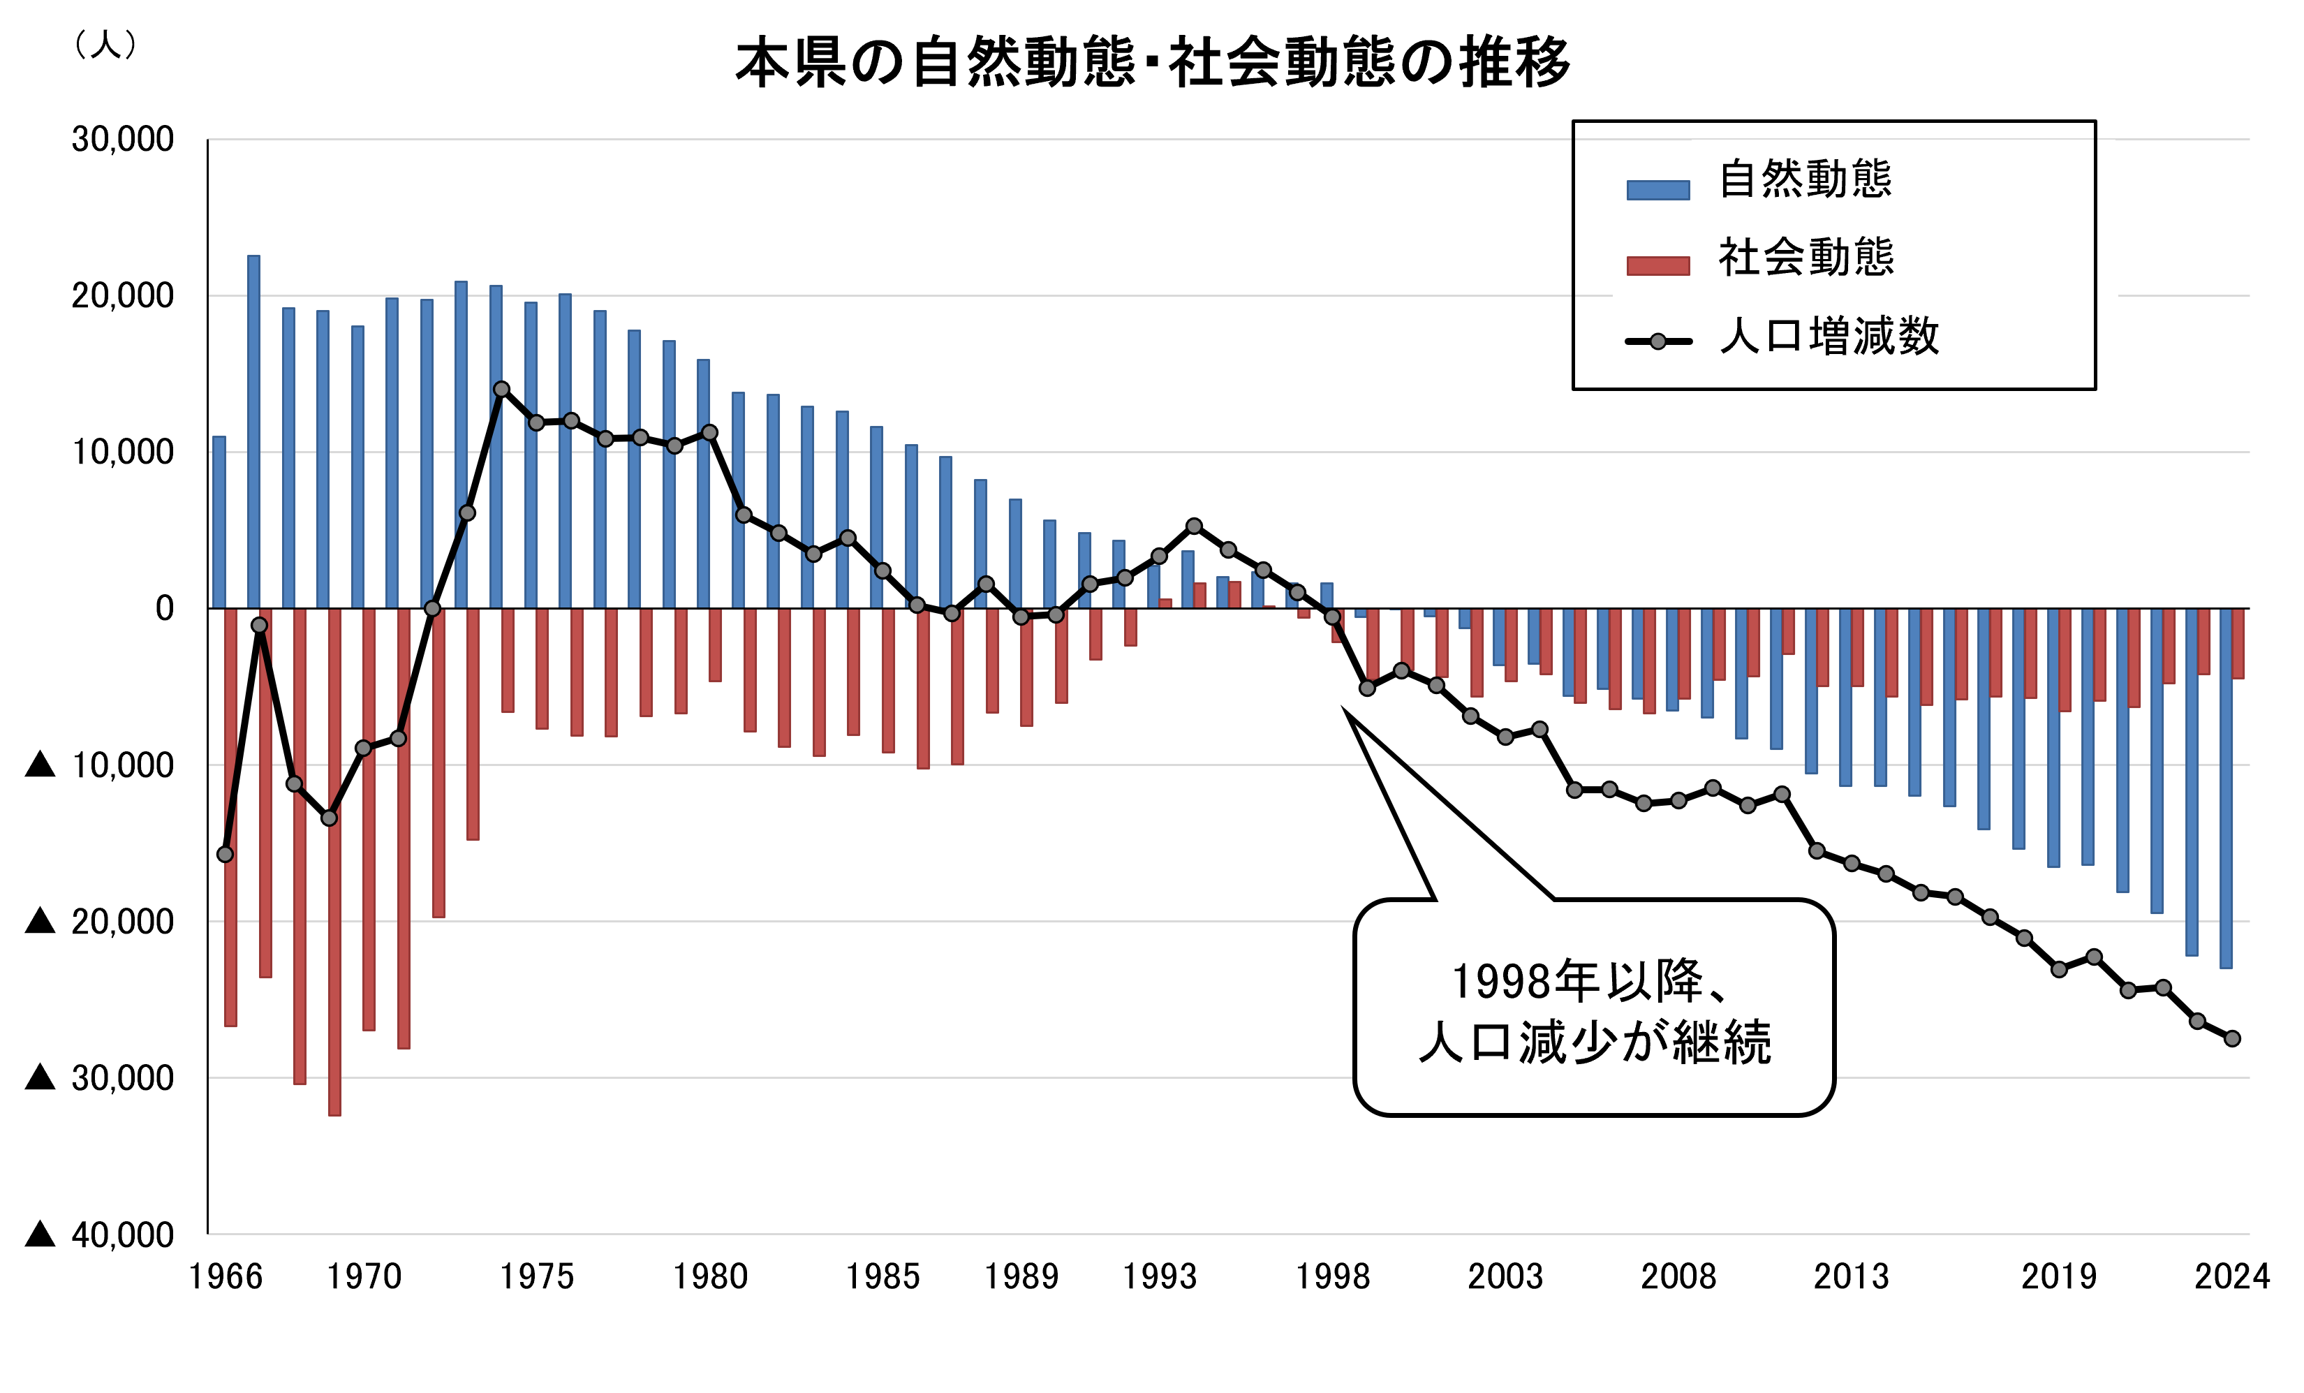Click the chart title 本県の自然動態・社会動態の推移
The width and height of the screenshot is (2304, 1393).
tap(1152, 64)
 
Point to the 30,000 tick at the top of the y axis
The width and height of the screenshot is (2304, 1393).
tap(122, 140)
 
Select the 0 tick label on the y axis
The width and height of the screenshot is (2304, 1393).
tap(165, 609)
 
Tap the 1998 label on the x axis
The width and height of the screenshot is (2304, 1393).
tap(1331, 1277)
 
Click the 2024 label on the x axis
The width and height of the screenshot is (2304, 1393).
tap(2232, 1277)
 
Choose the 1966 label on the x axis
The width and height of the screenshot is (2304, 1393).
tap(226, 1277)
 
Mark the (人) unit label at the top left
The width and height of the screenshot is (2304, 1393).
tap(105, 44)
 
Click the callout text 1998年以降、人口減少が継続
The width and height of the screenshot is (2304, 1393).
tap(1593, 1012)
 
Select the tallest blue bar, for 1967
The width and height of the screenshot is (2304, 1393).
tap(253, 430)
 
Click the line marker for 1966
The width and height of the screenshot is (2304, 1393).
tap(226, 855)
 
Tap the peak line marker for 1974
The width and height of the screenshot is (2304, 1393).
tap(502, 389)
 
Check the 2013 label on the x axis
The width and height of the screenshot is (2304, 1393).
tap(1852, 1277)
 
